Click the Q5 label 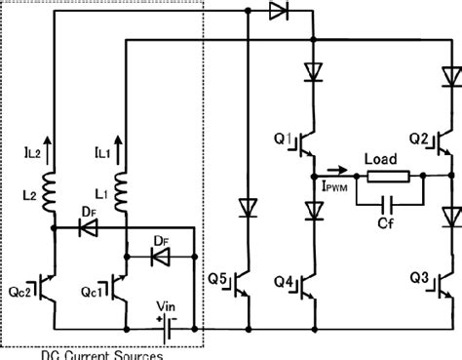220,284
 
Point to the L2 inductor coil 53,184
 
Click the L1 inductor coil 124,184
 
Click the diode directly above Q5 249,208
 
